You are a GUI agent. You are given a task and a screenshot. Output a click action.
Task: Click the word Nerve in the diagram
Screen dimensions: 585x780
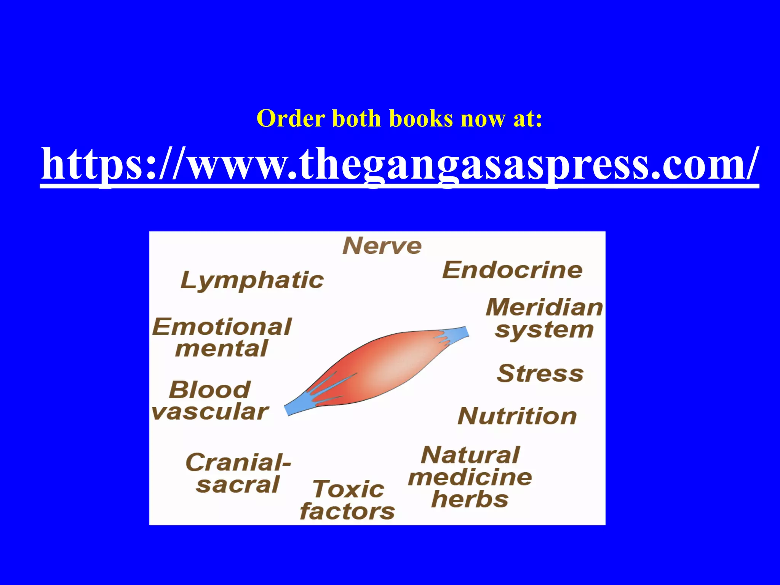coord(382,246)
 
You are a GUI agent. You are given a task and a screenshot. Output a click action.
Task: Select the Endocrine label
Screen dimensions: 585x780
coord(512,270)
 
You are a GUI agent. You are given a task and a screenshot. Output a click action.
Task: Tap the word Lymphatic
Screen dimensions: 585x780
coord(252,281)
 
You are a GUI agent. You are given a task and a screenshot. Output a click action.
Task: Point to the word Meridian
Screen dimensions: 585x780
coord(544,307)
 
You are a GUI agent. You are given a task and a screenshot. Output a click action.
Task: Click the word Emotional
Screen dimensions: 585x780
coord(222,327)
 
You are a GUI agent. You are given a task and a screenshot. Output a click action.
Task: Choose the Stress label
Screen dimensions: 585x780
coord(540,373)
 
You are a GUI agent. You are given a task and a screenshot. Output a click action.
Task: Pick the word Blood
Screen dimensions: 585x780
coord(210,390)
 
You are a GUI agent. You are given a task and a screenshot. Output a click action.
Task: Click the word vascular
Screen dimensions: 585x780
coord(210,412)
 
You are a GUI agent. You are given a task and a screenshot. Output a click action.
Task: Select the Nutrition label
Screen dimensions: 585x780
coord(517,416)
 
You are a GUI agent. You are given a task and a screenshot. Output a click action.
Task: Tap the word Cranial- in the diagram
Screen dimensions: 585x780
coord(238,462)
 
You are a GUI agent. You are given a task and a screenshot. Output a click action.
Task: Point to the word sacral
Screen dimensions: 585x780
coord(238,485)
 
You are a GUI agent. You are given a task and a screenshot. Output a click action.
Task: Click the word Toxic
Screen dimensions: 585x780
coord(348,489)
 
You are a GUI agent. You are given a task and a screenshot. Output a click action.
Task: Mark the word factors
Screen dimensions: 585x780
coord(347,511)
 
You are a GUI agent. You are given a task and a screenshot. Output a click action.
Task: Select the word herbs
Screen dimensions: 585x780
coord(470,499)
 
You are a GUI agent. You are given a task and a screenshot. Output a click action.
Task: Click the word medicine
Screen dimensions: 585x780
coord(470,477)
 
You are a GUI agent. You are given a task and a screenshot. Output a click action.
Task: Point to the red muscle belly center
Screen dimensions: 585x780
coord(381,366)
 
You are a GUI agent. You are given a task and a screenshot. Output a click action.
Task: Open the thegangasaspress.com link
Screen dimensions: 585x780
coord(400,164)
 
